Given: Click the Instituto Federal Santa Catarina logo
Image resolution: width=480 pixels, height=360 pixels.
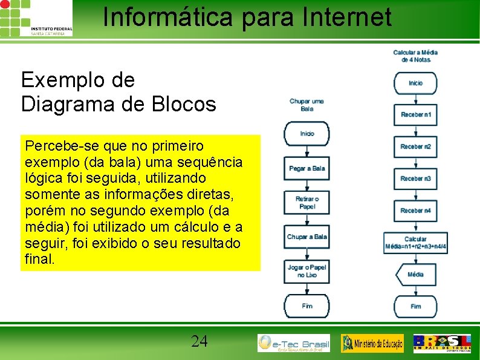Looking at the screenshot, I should point(36,18).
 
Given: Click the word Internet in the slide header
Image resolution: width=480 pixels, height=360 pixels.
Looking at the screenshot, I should point(352,17).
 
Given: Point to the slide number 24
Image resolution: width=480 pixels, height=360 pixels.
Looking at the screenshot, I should point(199,341).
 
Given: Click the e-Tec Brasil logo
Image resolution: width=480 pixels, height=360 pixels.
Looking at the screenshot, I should point(294,343).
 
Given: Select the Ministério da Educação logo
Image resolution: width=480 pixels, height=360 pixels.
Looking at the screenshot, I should point(372,343).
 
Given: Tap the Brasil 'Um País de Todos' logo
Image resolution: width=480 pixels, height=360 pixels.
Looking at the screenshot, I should point(442,342).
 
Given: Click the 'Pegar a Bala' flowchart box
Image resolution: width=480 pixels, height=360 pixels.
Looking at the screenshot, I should point(307,168).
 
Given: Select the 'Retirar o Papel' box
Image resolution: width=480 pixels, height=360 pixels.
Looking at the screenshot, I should point(307,203).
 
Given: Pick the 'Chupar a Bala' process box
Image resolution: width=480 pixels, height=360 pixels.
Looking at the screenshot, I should point(307,237).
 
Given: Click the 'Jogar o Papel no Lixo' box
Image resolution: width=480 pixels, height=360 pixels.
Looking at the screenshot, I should point(307,271).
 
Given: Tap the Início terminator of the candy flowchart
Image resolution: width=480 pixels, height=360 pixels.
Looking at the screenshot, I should point(307,134).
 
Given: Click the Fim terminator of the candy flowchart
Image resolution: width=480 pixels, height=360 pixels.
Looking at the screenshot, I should point(307,306).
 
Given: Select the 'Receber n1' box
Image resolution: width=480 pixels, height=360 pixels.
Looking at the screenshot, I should point(415,115).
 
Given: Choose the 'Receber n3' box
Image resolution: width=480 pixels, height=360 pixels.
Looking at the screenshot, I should point(415,178).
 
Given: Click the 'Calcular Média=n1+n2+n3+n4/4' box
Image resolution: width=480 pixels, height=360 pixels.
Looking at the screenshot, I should point(415,243).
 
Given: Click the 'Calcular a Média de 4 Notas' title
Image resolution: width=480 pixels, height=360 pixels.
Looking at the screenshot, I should point(415,56).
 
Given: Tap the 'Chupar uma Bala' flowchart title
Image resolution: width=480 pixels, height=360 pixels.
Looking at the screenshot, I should point(306,105).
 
